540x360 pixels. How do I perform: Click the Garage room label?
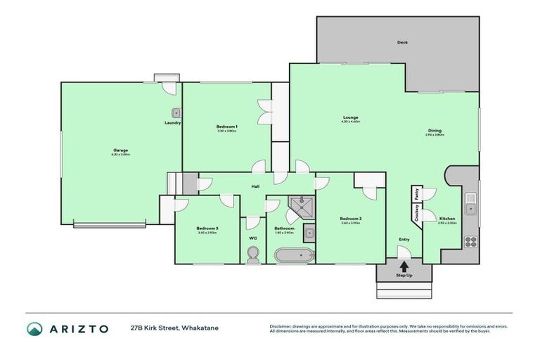[x=121, y=150]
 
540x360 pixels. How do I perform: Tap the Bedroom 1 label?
[x=226, y=127]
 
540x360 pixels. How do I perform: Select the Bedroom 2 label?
[x=350, y=219]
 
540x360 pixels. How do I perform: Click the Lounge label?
[x=351, y=117]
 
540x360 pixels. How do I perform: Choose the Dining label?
[x=435, y=130]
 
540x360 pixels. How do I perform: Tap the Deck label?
[x=402, y=42]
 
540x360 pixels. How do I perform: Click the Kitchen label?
[x=447, y=219]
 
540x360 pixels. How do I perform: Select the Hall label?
[x=257, y=187]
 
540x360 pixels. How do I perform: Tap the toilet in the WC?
[x=253, y=259]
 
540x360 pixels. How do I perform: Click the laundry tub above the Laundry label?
[x=175, y=112]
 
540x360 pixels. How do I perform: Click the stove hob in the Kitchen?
[x=470, y=241]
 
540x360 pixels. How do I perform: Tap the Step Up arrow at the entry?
[x=404, y=266]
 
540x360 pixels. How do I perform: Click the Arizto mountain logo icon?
[x=34, y=328]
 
